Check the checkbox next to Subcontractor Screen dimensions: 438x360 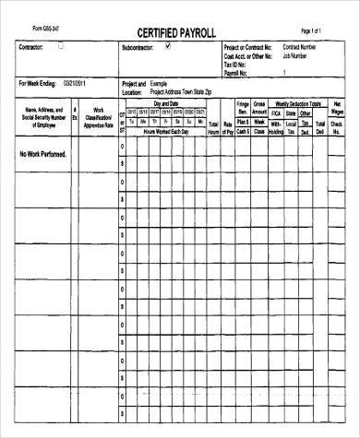(x=167, y=46)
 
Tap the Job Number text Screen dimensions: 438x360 (x=301, y=54)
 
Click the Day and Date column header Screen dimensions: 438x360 (x=165, y=104)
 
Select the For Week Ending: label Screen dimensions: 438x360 (x=38, y=84)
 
